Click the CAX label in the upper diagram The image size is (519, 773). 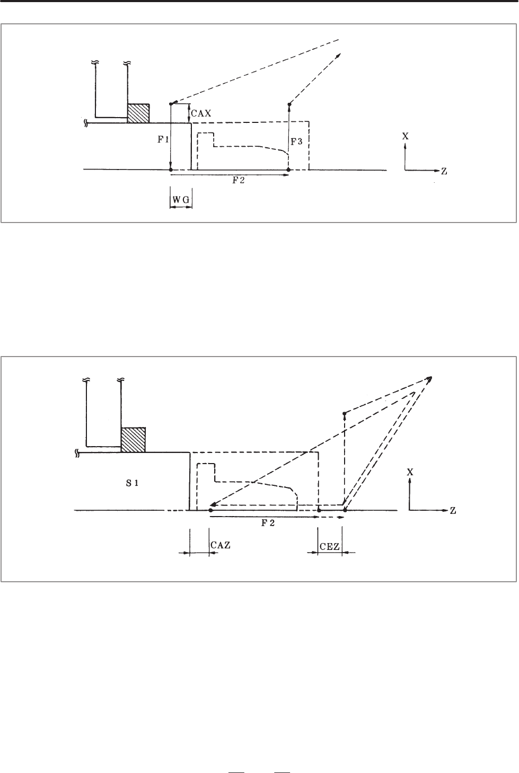pos(201,113)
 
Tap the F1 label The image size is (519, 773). pos(163,140)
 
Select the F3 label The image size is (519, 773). pos(296,141)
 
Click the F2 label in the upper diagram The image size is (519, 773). pos(238,181)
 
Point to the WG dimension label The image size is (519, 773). pos(181,200)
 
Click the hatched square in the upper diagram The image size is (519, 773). pos(138,113)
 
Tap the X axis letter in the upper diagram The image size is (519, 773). pos(406,136)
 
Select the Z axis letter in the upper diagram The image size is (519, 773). pos(444,171)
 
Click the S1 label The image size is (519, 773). pos(132,483)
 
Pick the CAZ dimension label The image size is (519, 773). pos(221,545)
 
